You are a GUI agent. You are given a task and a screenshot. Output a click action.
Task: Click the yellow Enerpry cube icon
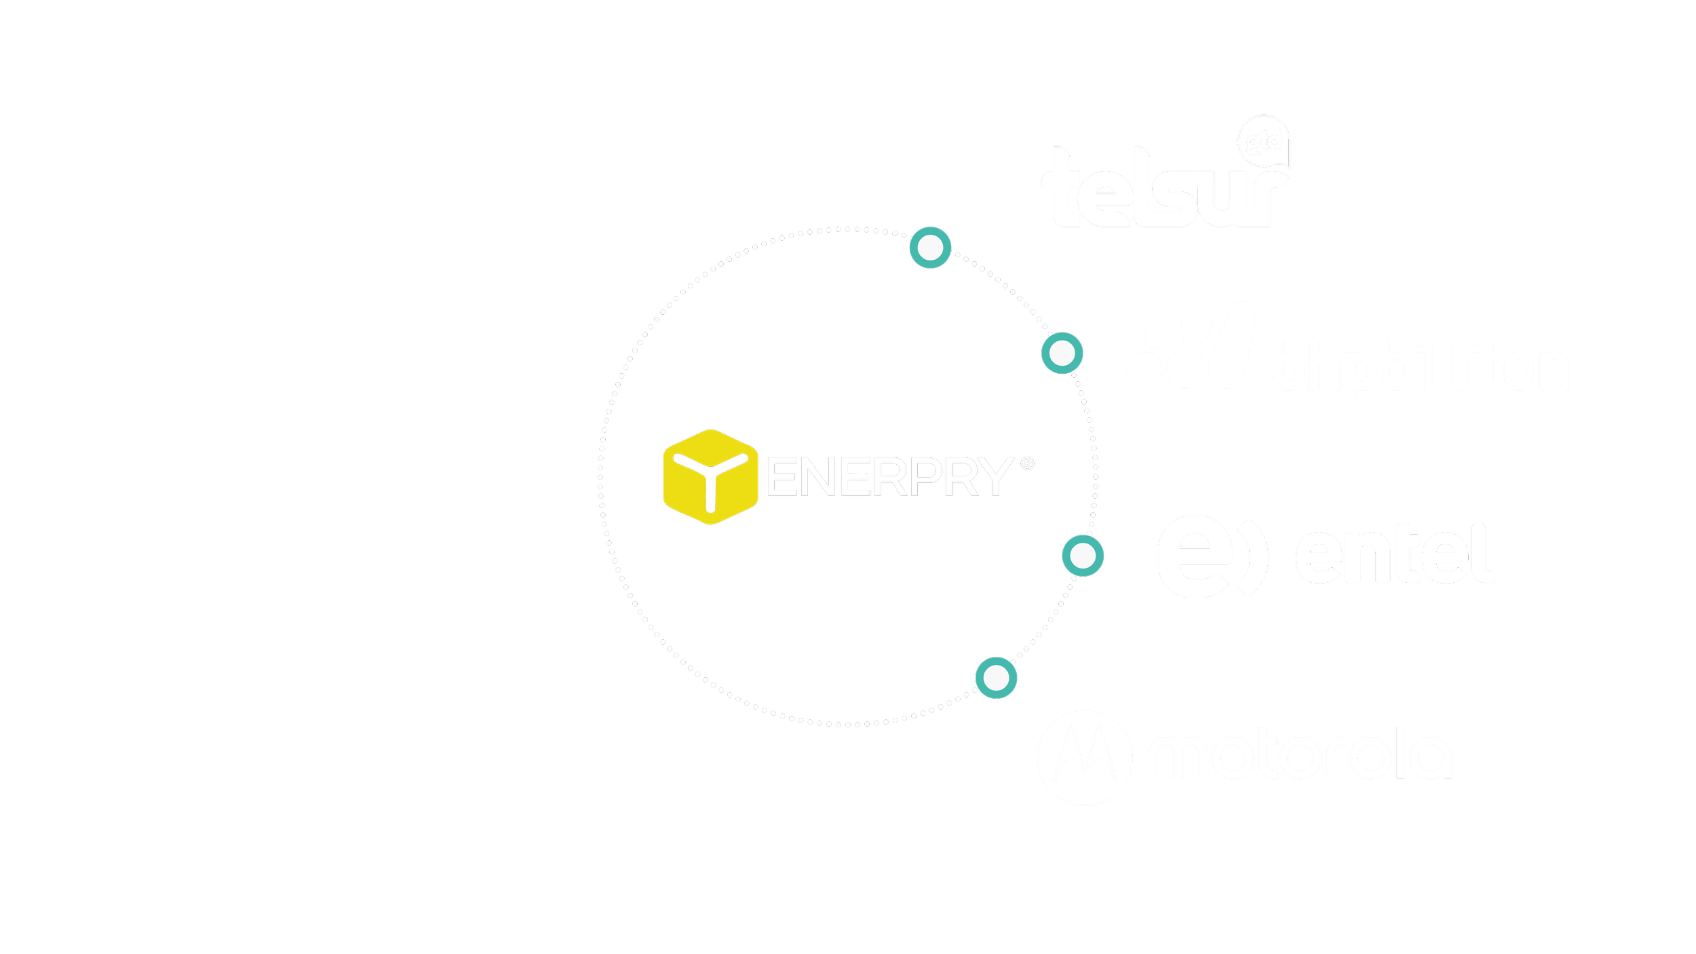point(710,476)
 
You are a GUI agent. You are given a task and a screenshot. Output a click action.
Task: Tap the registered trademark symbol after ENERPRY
point(1027,463)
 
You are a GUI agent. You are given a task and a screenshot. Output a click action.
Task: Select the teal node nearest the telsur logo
point(930,248)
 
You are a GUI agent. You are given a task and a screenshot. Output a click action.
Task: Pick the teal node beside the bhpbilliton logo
point(1062,353)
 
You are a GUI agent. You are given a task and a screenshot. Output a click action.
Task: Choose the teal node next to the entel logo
point(1083,556)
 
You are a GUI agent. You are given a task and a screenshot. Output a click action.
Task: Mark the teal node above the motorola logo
point(996,678)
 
